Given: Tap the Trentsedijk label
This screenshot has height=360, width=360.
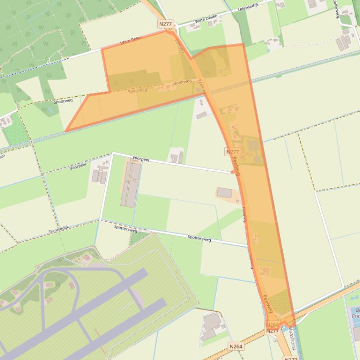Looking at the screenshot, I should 59,230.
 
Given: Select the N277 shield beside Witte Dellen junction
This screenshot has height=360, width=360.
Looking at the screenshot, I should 165,23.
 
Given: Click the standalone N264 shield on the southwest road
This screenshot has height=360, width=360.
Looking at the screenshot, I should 236,346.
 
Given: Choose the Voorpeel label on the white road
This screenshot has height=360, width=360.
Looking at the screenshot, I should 140,158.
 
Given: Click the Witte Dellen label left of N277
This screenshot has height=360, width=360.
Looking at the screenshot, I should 131,41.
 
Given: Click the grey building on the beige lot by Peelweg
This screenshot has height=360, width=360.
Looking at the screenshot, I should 224,193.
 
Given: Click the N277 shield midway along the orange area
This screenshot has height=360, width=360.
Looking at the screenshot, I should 232,151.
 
